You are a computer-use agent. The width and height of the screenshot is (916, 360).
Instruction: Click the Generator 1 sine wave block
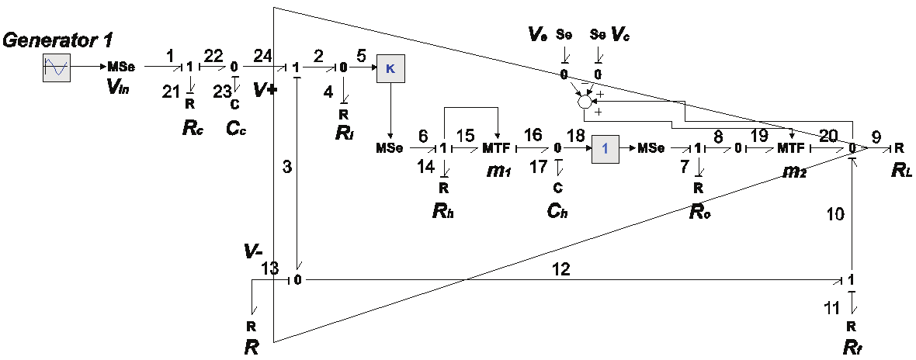pos(57,67)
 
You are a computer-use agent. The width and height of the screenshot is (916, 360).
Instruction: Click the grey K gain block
pos(390,68)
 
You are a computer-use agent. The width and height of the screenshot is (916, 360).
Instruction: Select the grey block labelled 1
pos(605,147)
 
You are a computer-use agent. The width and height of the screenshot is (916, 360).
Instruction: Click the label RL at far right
pos(900,171)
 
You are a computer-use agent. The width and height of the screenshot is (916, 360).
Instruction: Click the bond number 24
pos(262,55)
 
